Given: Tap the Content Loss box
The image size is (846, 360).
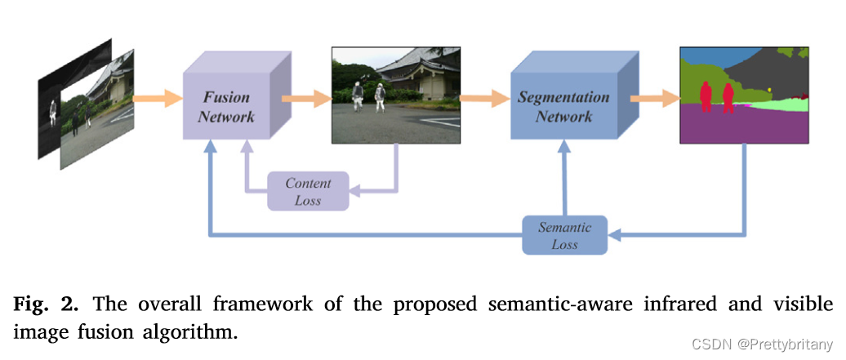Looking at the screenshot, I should (308, 191).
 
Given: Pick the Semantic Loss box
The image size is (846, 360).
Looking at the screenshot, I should (564, 235).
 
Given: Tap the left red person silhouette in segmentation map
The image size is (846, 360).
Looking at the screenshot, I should (706, 96).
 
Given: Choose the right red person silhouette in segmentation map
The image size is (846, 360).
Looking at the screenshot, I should (726, 96).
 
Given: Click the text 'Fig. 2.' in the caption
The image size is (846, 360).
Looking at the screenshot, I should (45, 304).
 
